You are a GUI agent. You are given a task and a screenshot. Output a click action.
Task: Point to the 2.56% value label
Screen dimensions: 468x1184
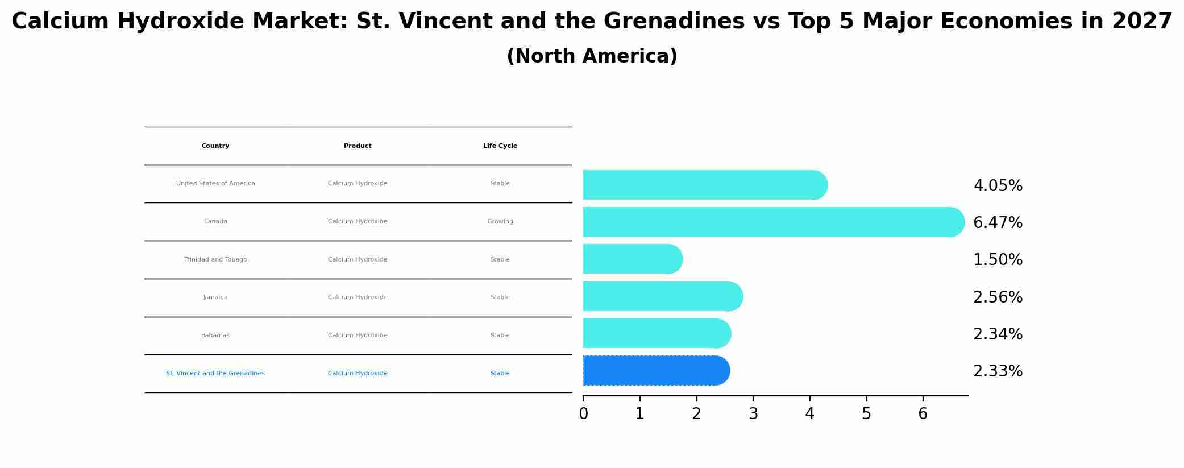click(998, 297)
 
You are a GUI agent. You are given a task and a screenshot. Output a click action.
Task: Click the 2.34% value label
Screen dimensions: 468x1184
click(998, 334)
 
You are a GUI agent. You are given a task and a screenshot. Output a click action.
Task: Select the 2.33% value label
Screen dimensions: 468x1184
click(998, 371)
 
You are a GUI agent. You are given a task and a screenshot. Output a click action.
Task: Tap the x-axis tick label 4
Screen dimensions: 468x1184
click(809, 414)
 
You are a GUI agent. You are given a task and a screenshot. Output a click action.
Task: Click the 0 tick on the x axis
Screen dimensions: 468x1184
click(583, 414)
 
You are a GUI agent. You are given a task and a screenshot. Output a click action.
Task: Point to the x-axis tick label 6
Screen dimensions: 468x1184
click(923, 414)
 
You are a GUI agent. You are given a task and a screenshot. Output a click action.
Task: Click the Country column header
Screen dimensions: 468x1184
click(215, 146)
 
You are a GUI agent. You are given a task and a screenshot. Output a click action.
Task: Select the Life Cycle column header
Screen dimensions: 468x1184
click(500, 146)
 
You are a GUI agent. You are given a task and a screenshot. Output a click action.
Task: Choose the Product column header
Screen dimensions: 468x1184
click(358, 146)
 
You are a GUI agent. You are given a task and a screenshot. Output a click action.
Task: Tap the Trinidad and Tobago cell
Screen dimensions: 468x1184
click(215, 260)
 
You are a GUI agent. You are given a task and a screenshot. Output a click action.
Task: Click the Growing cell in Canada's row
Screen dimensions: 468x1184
click(500, 222)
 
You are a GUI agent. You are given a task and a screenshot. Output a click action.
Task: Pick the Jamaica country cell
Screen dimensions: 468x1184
click(215, 297)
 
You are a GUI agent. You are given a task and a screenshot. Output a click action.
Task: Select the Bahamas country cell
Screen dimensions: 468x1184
click(215, 336)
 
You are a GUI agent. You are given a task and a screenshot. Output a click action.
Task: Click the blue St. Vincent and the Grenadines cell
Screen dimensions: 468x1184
click(215, 374)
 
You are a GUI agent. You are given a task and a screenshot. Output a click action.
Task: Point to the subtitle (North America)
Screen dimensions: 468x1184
click(592, 56)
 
